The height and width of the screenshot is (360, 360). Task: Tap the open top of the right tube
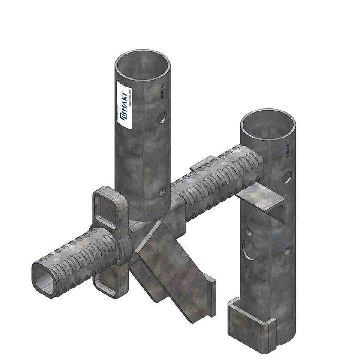pos(268,124)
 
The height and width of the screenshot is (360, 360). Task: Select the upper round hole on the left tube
pos(161,117)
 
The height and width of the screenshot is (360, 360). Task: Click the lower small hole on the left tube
pos(161,192)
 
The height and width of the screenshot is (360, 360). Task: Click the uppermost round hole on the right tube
pos(287,176)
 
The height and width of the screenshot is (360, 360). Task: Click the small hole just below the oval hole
pos(248,270)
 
